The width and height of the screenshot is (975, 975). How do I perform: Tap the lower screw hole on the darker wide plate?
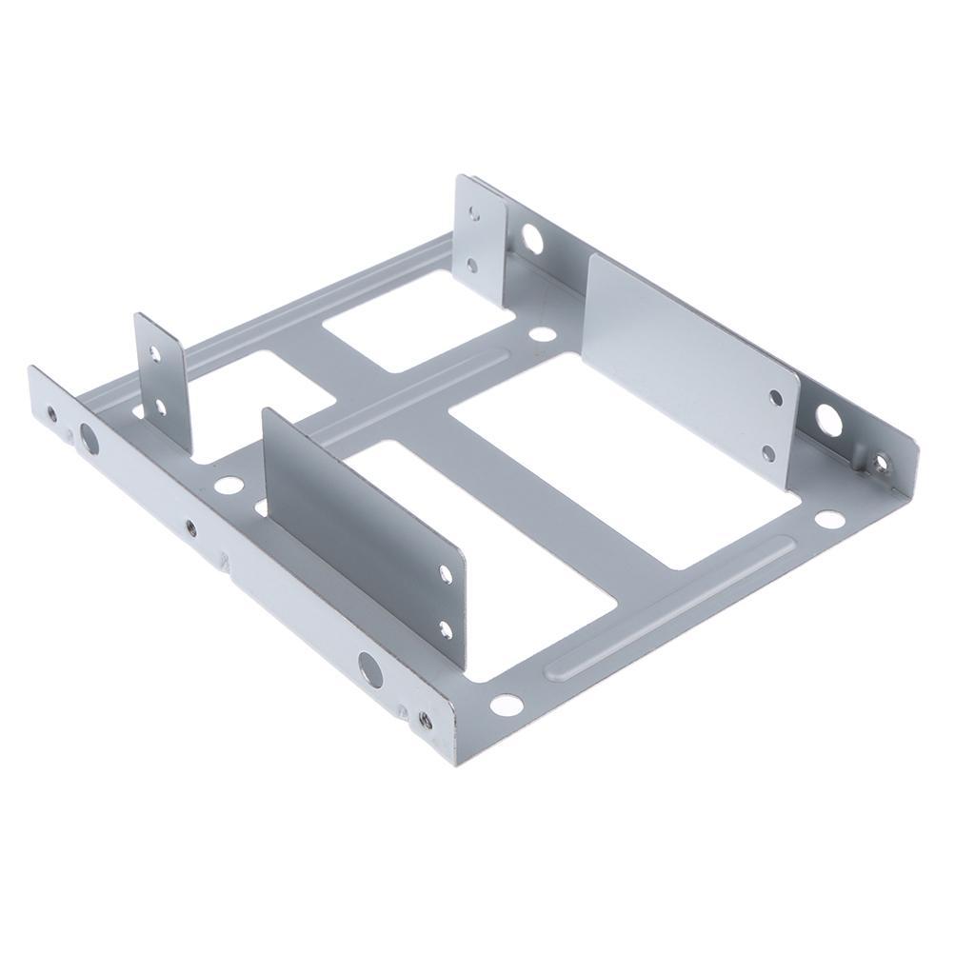pyautogui.click(x=446, y=628)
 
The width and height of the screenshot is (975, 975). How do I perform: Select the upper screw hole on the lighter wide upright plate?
pyautogui.click(x=775, y=398)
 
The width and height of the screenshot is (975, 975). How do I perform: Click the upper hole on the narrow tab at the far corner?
pyautogui.click(x=474, y=213)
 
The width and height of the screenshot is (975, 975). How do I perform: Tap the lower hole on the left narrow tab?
pyautogui.click(x=160, y=408)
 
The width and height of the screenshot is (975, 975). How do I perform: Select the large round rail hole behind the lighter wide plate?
pyautogui.click(x=828, y=420)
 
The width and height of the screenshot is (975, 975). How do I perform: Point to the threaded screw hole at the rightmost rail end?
pyautogui.click(x=882, y=464)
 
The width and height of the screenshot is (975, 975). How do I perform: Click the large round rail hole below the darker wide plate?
pyautogui.click(x=369, y=670)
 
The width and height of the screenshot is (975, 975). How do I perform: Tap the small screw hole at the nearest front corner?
pyautogui.click(x=425, y=720)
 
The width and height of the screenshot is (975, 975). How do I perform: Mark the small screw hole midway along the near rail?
pyautogui.click(x=192, y=526)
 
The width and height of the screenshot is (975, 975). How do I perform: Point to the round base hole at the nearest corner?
pyautogui.click(x=506, y=705)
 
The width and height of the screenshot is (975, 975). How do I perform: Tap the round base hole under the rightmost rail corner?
pyautogui.click(x=829, y=520)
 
